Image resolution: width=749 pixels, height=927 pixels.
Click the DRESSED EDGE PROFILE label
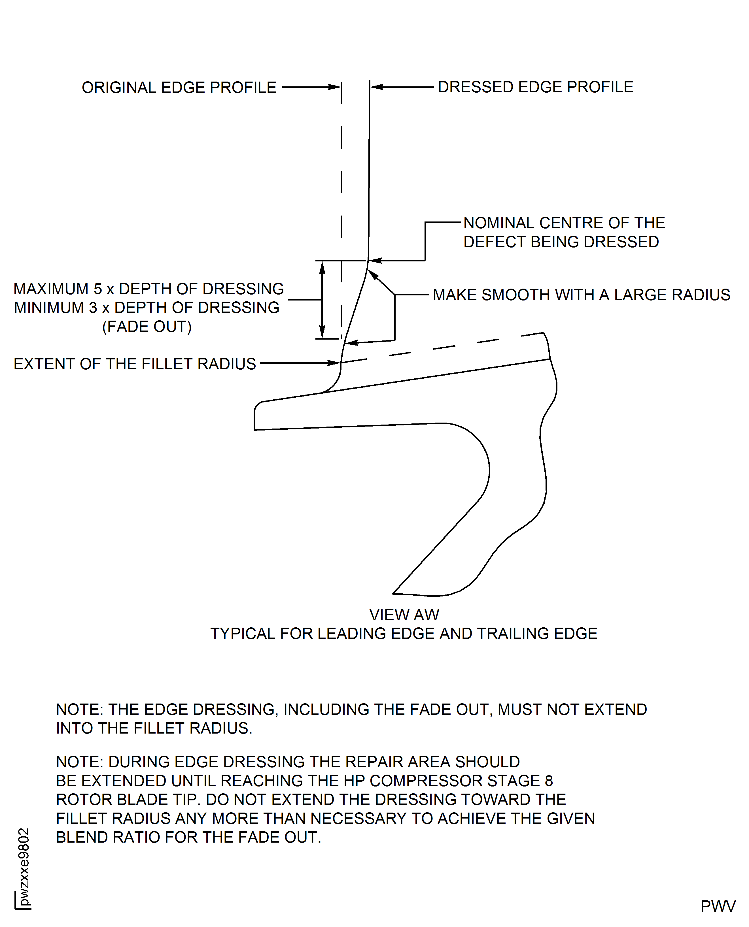[535, 87]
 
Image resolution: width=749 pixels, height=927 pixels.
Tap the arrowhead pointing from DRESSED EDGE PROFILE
[377, 87]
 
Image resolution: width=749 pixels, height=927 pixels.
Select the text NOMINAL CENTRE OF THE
[564, 223]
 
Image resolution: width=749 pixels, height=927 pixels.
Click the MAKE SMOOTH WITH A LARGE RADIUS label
[581, 295]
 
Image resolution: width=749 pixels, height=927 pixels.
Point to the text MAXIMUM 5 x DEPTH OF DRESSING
[148, 289]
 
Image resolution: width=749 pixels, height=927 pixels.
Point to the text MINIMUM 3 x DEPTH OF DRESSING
[147, 308]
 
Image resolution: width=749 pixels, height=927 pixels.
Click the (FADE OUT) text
[147, 327]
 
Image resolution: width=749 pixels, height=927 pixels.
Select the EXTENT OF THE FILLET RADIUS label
[135, 364]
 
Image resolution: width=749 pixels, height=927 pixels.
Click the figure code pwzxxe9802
[24, 867]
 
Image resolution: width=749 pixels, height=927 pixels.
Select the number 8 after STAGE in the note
[548, 781]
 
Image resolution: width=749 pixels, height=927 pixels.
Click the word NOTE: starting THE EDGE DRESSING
[80, 709]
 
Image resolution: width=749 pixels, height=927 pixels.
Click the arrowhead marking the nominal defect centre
[375, 260]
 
